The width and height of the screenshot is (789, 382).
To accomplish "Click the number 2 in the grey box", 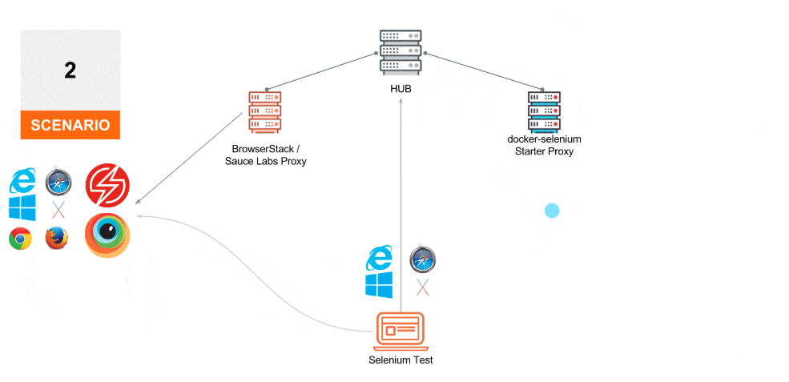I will pyautogui.click(x=70, y=70).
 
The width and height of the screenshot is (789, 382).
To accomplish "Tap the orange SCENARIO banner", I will pyautogui.click(x=70, y=125).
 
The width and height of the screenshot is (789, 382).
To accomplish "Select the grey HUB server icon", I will pyautogui.click(x=401, y=52).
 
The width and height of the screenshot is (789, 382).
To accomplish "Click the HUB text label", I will pyautogui.click(x=401, y=88).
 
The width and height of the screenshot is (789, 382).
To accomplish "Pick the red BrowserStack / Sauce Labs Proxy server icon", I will pyautogui.click(x=265, y=113).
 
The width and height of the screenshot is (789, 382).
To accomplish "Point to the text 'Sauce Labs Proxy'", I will pyautogui.click(x=265, y=162).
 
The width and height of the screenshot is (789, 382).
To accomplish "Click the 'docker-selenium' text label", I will pyautogui.click(x=544, y=139).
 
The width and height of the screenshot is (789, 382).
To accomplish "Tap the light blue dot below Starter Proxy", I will pyautogui.click(x=552, y=211).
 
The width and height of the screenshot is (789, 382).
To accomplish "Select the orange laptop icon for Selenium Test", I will pyautogui.click(x=401, y=329).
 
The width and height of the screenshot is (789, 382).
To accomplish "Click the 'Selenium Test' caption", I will pyautogui.click(x=401, y=360).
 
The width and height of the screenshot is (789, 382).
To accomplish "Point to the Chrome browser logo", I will pyautogui.click(x=20, y=238).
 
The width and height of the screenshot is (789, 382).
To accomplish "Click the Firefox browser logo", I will pyautogui.click(x=56, y=238).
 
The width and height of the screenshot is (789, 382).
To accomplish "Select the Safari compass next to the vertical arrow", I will pyautogui.click(x=422, y=260).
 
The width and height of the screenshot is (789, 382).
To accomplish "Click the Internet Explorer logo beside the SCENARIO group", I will pyautogui.click(x=22, y=182).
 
